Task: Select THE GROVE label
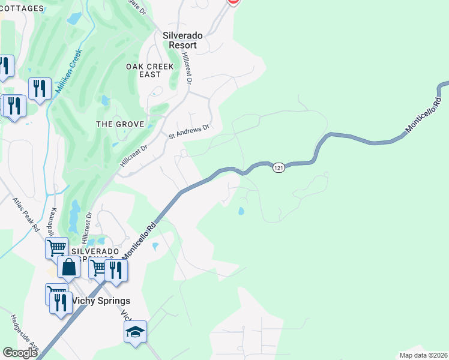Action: tap(120, 124)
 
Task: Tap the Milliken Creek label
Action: tap(67, 71)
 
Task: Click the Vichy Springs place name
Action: tap(100, 300)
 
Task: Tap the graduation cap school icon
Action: tap(135, 331)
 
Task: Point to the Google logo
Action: tap(20, 352)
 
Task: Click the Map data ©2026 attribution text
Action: tap(423, 355)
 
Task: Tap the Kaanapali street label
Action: tap(53, 222)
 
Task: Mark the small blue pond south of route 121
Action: tap(241, 211)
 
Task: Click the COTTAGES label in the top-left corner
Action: tap(22, 8)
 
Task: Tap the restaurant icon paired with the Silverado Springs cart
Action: tap(115, 269)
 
